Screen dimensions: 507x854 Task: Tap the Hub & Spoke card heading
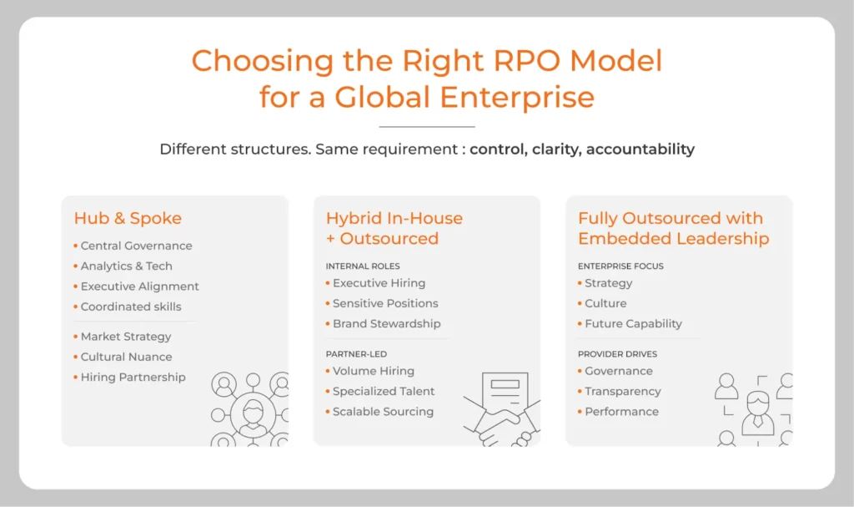128,218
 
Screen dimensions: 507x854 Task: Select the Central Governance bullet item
136,246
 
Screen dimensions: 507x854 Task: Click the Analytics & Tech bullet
126,266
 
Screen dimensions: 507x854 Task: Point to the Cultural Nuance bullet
126,357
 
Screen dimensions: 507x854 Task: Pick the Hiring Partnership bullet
133,377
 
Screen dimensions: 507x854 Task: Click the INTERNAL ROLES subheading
363,266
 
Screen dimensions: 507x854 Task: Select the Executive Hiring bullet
379,283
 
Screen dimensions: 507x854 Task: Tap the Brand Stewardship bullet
386,323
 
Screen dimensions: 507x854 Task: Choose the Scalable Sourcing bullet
383,411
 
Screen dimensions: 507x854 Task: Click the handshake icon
499,422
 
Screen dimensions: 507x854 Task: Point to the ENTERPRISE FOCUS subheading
620,266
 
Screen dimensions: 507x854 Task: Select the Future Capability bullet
633,323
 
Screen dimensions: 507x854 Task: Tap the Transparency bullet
622,391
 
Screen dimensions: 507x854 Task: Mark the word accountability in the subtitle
640,150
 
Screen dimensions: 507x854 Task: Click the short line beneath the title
426,126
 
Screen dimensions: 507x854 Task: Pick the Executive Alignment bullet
139,286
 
